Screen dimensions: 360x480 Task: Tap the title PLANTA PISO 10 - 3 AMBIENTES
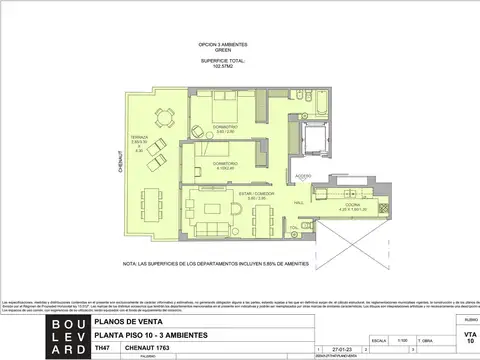(153, 335)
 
